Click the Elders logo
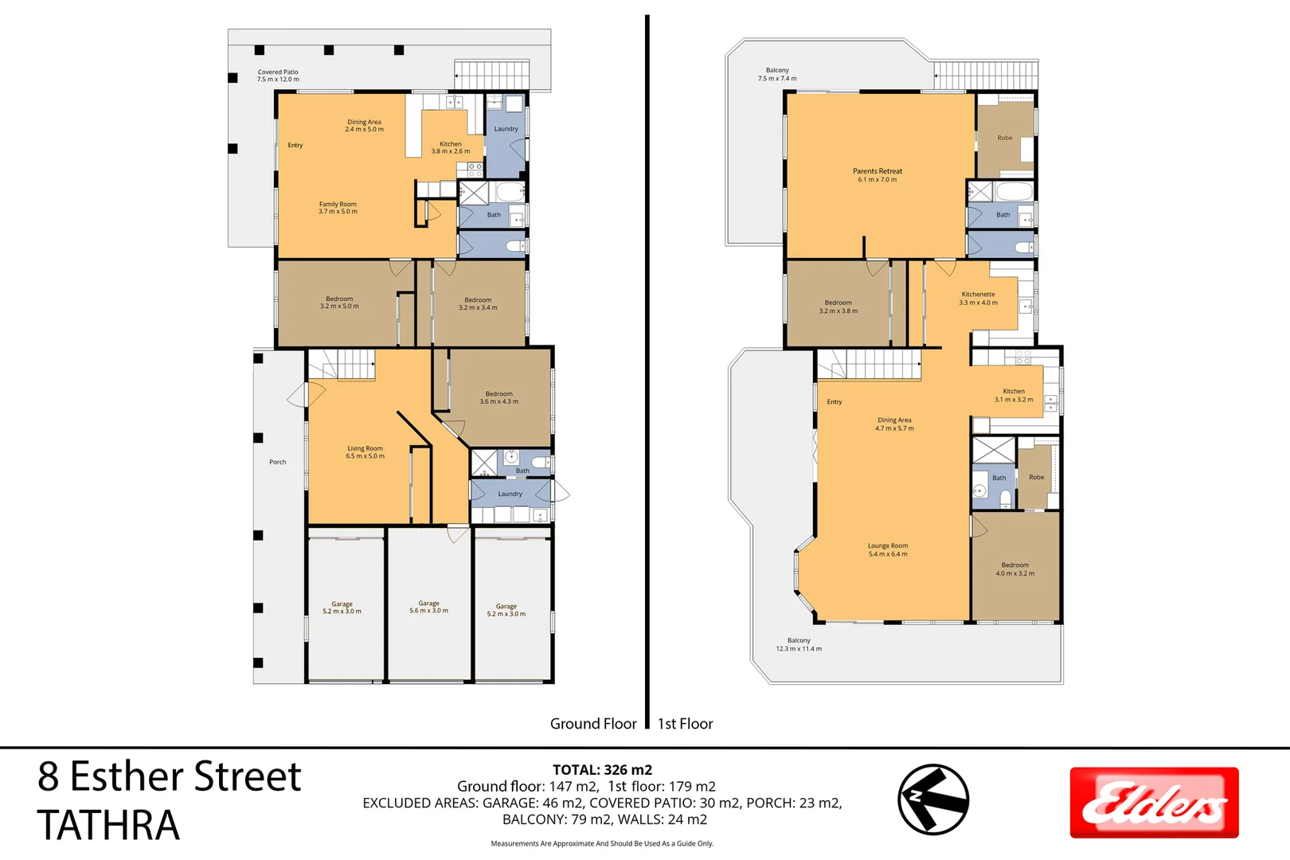1154,803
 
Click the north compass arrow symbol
933,799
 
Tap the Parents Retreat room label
877,175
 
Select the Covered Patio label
278,76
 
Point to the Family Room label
338,207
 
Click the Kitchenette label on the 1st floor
978,299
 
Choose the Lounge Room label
887,549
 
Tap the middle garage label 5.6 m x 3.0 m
428,607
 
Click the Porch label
278,462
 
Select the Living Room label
365,452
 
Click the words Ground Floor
593,724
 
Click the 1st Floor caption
686,724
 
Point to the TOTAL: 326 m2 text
602,769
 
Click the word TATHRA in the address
108,825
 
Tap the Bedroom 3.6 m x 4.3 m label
498,397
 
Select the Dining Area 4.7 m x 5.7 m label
894,424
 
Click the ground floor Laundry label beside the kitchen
506,129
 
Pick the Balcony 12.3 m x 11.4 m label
799,644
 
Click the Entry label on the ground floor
295,145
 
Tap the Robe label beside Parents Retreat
1005,138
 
